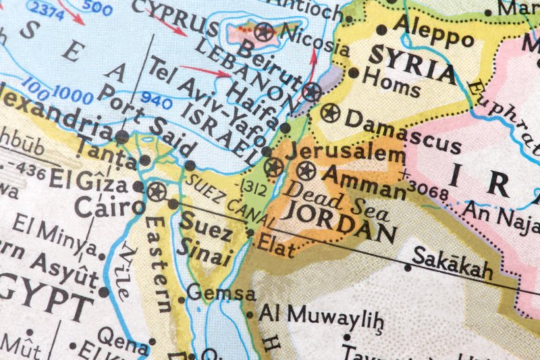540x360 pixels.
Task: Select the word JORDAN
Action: click(x=337, y=222)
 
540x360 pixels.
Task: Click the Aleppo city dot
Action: click(x=382, y=29)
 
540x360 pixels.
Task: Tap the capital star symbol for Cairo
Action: click(x=157, y=192)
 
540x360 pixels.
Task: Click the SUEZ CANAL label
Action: click(x=230, y=201)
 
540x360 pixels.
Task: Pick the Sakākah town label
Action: click(x=452, y=262)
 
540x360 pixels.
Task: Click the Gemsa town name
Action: click(x=221, y=294)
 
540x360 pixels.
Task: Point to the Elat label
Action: click(x=276, y=247)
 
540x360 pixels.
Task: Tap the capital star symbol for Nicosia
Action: click(x=263, y=30)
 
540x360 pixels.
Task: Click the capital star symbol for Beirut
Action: click(x=311, y=92)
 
